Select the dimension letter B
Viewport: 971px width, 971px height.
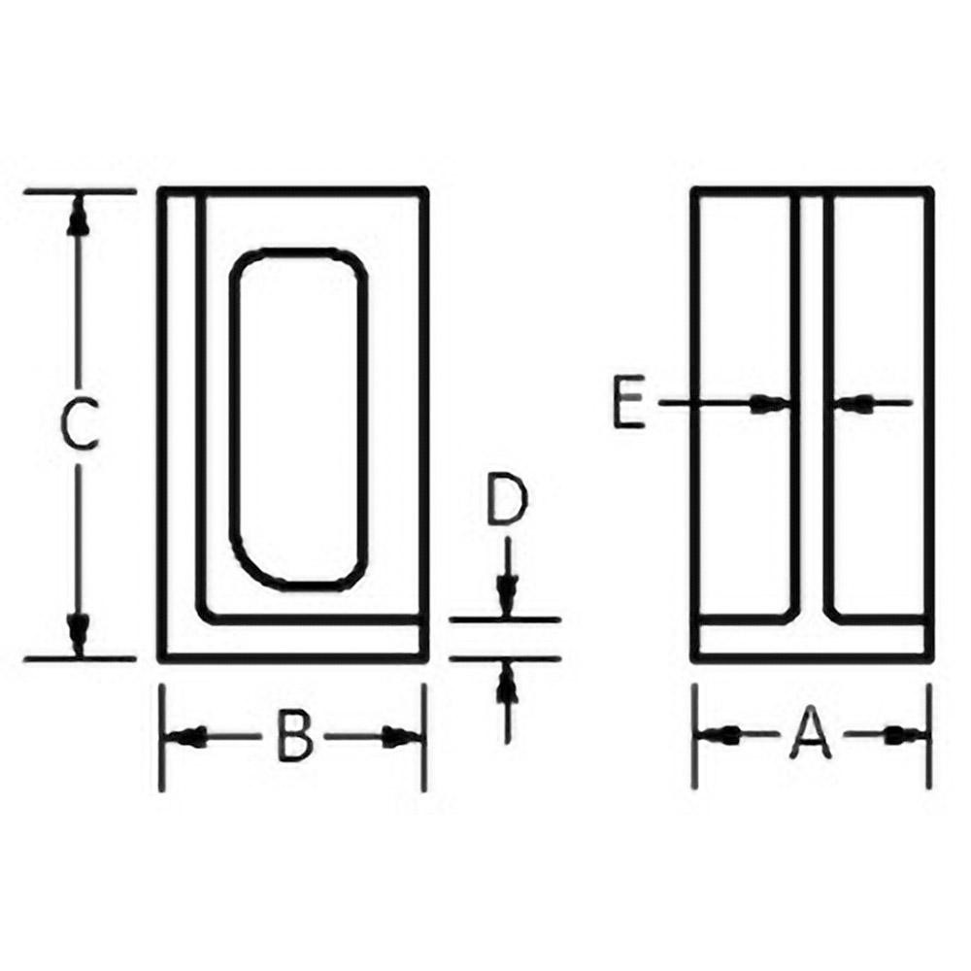click(x=292, y=736)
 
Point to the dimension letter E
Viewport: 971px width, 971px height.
click(x=629, y=404)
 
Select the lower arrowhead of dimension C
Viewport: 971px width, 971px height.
click(x=79, y=633)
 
